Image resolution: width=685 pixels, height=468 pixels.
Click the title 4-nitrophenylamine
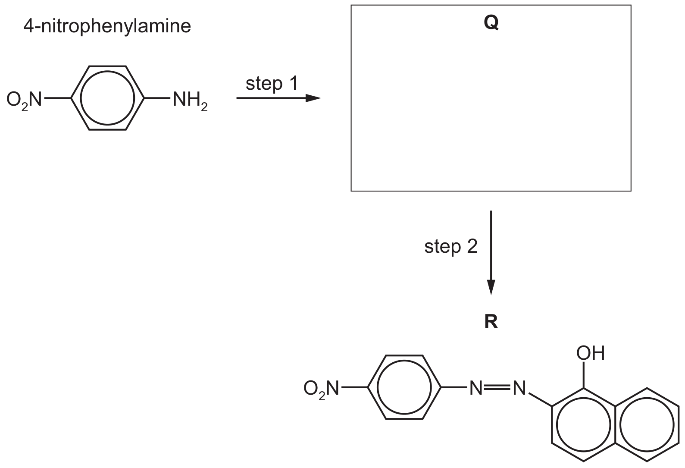pos(107,26)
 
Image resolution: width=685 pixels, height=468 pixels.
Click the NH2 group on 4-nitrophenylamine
pos(190,101)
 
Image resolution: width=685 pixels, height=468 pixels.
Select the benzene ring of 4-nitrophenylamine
pos(71,98)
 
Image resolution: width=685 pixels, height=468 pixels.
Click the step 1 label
pos(272,84)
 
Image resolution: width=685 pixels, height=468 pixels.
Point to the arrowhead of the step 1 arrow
pos(313,98)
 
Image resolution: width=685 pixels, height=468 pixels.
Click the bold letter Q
pos(491,23)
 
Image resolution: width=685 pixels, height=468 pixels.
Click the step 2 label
pos(451,246)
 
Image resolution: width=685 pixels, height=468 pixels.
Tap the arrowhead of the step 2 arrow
pos(491,287)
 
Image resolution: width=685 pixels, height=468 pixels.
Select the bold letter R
pos(491,322)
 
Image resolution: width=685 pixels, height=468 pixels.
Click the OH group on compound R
pos(591,353)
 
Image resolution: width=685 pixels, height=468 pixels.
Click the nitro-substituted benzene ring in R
pos(368,387)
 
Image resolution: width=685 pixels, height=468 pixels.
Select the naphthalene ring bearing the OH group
pos(552,424)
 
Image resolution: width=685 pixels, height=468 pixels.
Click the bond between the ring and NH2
pos(157,98)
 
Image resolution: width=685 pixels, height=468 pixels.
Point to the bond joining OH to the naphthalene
pos(583,375)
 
